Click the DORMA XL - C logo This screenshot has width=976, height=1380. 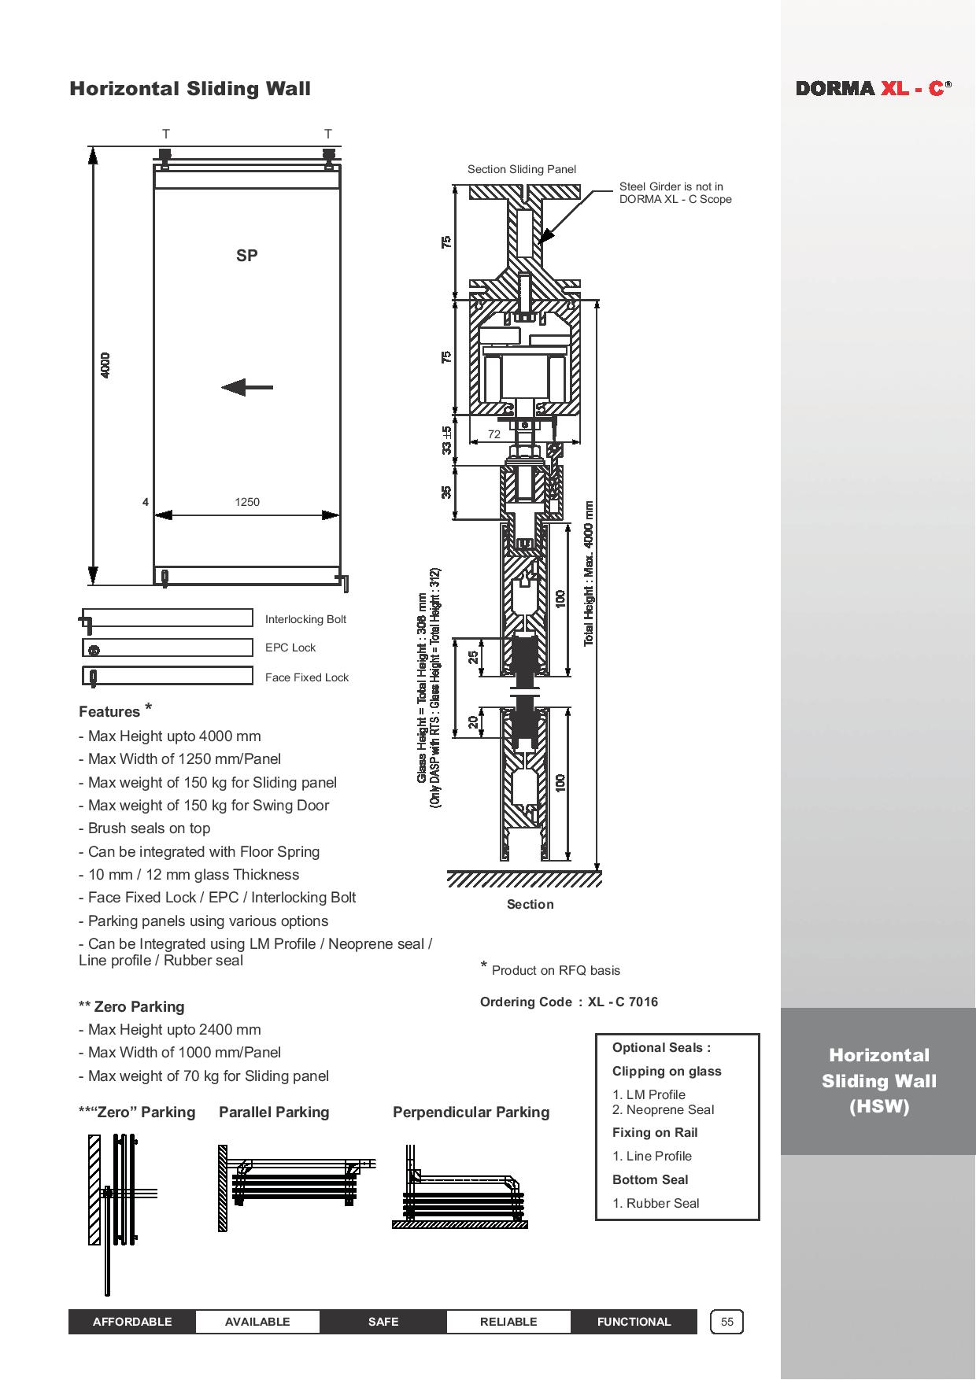tap(873, 88)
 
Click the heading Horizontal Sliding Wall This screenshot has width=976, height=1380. tap(190, 88)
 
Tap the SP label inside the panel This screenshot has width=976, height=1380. tap(246, 256)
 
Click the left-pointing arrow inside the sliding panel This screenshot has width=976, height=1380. tap(246, 387)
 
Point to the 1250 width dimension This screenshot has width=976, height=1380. tap(246, 502)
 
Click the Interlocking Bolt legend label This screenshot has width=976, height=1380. tap(305, 619)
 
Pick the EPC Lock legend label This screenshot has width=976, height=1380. tap(290, 648)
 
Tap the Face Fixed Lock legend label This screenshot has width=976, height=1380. tap(306, 677)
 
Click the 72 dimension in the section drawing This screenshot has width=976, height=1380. tap(494, 434)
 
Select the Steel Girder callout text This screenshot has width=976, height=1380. tap(675, 193)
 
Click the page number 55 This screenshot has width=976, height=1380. tap(726, 1322)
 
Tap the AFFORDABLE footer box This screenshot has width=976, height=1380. tap(132, 1322)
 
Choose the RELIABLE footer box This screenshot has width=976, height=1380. tap(508, 1322)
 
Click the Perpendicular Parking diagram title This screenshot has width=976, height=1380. tap(471, 1112)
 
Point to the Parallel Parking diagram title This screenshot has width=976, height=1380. tap(274, 1112)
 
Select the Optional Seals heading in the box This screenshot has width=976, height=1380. tap(661, 1047)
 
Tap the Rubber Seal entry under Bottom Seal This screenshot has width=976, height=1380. tap(656, 1203)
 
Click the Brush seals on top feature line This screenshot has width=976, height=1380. tap(144, 828)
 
